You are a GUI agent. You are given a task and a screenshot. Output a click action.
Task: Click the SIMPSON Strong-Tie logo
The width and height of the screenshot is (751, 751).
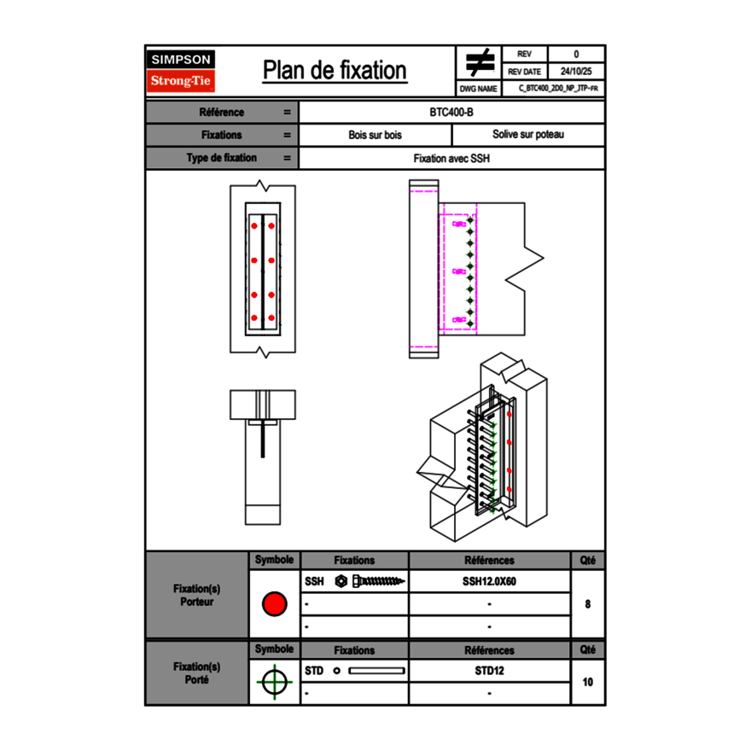click(182, 71)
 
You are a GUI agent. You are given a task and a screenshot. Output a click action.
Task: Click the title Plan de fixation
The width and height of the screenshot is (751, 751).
click(335, 70)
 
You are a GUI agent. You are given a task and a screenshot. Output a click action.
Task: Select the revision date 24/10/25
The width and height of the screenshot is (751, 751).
click(576, 72)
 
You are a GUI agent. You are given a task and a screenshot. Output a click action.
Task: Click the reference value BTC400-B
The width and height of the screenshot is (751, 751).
click(452, 112)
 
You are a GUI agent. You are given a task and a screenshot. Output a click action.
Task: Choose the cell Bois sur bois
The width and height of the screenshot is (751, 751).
click(375, 135)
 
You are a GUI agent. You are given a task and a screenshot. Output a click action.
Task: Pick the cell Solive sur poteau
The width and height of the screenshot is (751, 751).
click(528, 135)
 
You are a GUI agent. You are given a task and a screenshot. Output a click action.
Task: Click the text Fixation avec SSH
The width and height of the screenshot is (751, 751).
click(452, 158)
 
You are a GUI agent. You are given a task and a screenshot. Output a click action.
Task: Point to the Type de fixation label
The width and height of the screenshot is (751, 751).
click(222, 158)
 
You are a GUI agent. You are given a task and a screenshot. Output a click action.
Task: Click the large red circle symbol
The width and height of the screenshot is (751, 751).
click(274, 604)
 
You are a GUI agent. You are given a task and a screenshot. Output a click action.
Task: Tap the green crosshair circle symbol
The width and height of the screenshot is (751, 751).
click(274, 682)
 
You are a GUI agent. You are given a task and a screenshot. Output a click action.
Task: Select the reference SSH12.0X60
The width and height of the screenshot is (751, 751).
click(490, 581)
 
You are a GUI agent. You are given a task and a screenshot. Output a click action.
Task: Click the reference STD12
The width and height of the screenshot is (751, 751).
click(490, 671)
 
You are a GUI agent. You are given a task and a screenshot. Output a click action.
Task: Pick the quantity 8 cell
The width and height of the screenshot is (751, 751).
click(588, 604)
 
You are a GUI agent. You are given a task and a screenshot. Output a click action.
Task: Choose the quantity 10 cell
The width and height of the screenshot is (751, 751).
click(588, 682)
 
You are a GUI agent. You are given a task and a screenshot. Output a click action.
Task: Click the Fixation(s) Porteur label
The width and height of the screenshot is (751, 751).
click(197, 595)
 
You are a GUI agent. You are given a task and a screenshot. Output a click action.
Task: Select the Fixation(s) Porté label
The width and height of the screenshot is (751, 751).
click(197, 672)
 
